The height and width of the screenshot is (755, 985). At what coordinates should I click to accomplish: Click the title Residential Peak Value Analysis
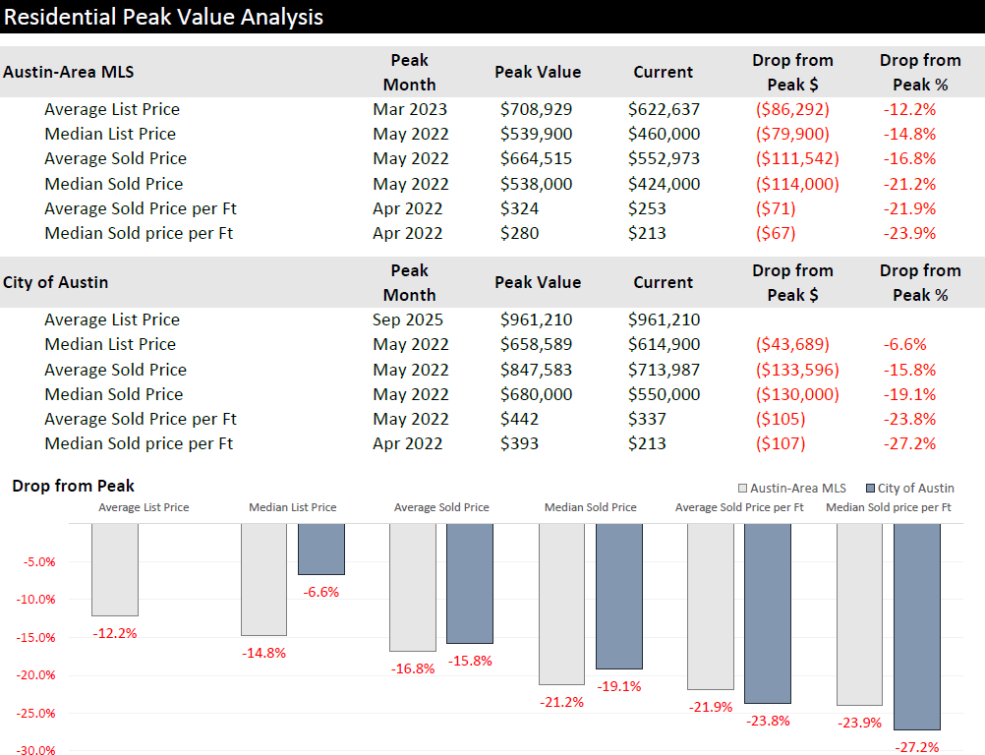(163, 17)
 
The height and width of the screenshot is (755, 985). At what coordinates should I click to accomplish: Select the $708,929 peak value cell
(536, 109)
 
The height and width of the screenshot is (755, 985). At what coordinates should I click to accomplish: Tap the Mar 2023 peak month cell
(410, 109)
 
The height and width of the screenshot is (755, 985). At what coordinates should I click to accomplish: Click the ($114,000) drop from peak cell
(796, 184)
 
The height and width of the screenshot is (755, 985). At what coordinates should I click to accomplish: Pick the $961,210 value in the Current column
(664, 319)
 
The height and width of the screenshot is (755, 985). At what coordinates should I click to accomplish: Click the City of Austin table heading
(56, 282)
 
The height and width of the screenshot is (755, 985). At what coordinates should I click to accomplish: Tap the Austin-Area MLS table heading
(69, 72)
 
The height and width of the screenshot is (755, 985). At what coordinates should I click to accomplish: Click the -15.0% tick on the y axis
(38, 638)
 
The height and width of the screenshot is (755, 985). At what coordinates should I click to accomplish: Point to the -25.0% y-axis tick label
(38, 714)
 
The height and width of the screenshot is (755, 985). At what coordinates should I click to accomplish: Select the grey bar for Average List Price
(115, 570)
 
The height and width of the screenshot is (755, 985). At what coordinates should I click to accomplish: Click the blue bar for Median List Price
(321, 549)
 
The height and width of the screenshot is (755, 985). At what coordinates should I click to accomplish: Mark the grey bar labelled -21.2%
(561, 604)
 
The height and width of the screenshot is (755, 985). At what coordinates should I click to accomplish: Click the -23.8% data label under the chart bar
(768, 721)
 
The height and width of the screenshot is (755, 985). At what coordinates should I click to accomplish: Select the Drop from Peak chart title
(74, 486)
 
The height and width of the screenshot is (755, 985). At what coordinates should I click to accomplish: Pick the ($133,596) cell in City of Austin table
(796, 370)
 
